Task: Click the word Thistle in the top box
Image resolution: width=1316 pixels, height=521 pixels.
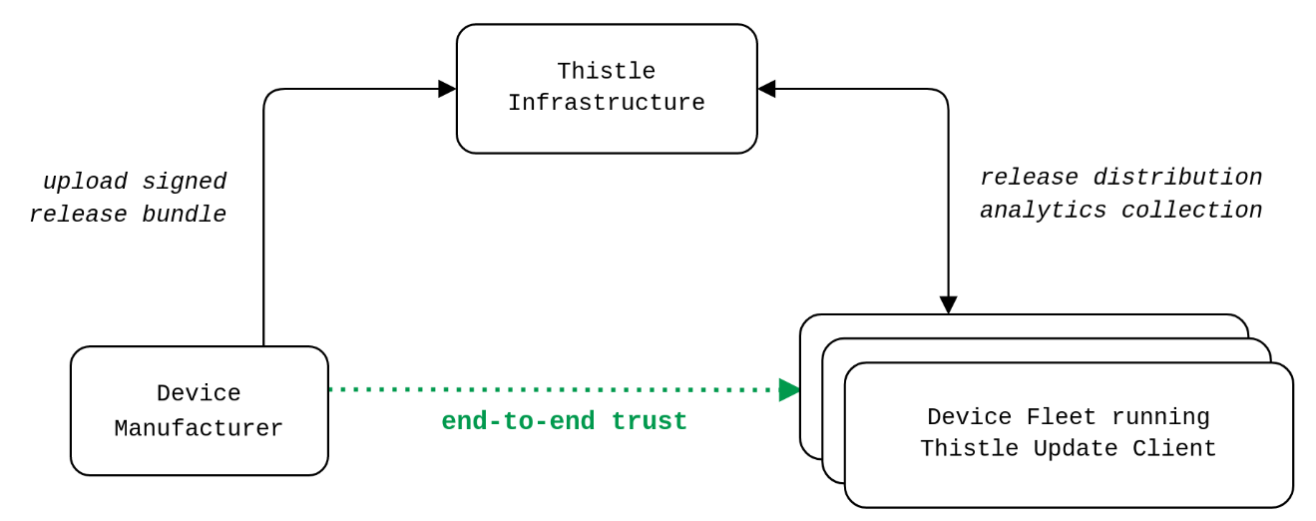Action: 606,72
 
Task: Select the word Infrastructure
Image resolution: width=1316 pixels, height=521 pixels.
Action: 606,104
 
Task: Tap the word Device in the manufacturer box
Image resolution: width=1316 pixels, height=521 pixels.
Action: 199,394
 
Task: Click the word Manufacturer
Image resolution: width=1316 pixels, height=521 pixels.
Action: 199,429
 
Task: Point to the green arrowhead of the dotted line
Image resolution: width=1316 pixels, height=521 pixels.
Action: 789,390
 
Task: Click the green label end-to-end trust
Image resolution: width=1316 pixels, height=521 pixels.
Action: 564,422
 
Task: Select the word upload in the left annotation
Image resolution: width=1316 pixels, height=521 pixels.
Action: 85,183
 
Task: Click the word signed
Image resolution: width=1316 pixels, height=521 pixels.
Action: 185,183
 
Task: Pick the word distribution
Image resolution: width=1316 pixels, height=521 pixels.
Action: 1177,178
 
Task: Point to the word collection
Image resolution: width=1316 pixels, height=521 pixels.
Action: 1191,211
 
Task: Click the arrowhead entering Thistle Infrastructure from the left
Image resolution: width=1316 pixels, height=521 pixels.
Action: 447,89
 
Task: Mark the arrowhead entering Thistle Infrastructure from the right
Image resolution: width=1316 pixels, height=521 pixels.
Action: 766,89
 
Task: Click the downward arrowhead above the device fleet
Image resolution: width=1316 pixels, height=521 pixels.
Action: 948,304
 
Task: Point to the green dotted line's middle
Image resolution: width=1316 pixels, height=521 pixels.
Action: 554,390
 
